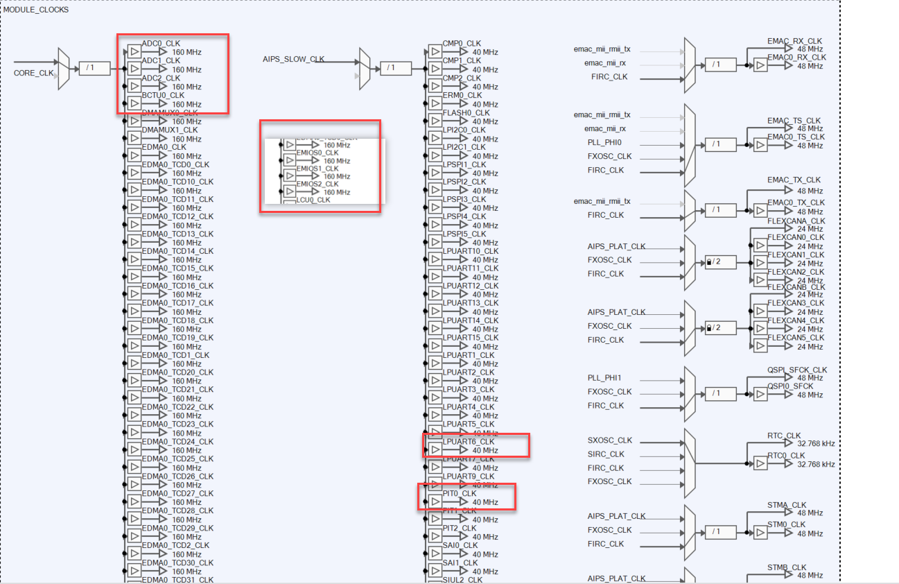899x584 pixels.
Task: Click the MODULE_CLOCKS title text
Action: point(36,10)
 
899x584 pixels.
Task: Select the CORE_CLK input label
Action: point(34,73)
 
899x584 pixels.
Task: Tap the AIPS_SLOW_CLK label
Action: point(294,60)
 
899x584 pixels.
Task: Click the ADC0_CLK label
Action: point(161,44)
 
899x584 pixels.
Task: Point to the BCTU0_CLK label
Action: point(163,96)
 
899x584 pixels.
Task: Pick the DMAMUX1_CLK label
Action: point(170,130)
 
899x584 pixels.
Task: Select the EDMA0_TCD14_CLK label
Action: point(177,251)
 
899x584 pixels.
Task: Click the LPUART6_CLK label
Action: point(469,442)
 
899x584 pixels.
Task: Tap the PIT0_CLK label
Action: point(460,494)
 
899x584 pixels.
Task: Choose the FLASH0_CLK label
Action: point(466,113)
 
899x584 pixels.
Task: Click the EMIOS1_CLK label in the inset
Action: point(317,169)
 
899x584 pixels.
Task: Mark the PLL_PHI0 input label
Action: point(605,143)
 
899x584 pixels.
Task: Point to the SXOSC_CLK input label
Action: point(610,440)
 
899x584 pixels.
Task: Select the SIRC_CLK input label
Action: point(606,454)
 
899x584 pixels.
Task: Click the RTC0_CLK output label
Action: point(787,456)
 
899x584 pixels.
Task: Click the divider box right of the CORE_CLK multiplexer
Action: point(94,68)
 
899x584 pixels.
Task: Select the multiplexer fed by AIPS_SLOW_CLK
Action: point(365,68)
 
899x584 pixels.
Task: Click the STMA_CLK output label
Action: point(787,506)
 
